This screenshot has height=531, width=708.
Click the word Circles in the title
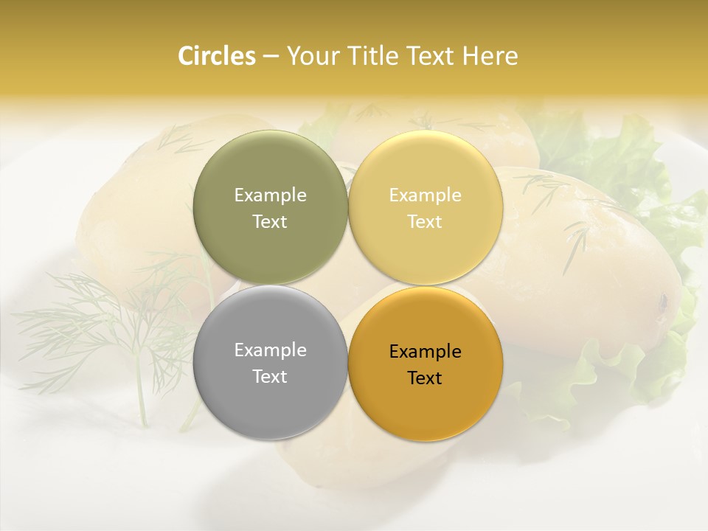pyautogui.click(x=216, y=56)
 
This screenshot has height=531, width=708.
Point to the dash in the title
pyautogui.click(x=270, y=57)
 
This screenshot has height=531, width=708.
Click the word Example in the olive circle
pyautogui.click(x=270, y=195)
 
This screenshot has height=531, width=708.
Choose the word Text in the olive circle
pyautogui.click(x=270, y=222)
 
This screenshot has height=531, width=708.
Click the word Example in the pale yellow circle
pyautogui.click(x=425, y=195)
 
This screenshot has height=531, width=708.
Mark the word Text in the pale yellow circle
pyautogui.click(x=425, y=222)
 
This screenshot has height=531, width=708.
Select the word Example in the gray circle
pyautogui.click(x=270, y=350)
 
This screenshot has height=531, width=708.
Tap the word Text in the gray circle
pyautogui.click(x=270, y=377)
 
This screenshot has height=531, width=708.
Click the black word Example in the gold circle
pyautogui.click(x=425, y=352)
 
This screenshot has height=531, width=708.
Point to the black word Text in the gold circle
pyautogui.click(x=425, y=378)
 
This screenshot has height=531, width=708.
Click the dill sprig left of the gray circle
pyautogui.click(x=111, y=324)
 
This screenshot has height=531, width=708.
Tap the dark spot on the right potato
pyautogui.click(x=663, y=301)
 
